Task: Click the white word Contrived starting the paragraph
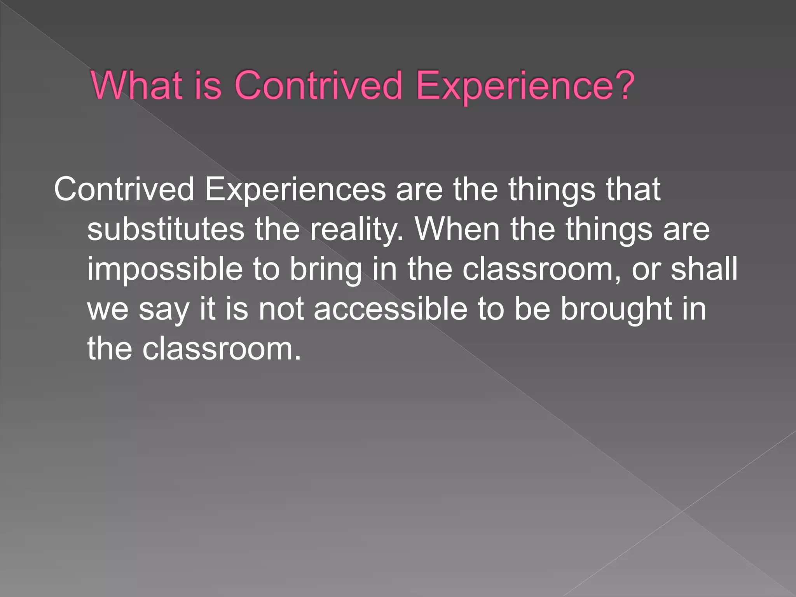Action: (x=124, y=189)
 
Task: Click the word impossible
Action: (x=165, y=270)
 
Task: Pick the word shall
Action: (x=704, y=269)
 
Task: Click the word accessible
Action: (x=391, y=309)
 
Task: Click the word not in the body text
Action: (x=281, y=309)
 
